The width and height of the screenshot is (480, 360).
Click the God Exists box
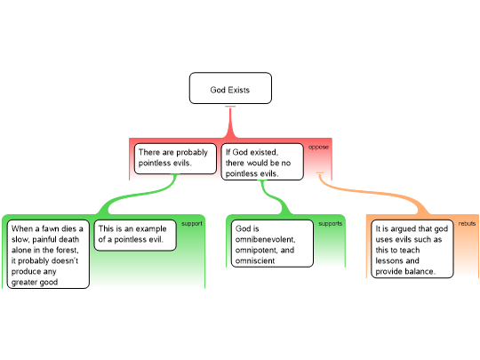pos(230,88)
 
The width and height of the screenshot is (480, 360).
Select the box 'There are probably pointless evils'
pos(175,158)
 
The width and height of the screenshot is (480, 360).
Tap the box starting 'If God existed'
pos(262,162)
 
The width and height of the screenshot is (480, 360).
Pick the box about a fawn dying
pos(48,254)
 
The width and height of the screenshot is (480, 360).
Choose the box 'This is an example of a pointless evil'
pos(135,235)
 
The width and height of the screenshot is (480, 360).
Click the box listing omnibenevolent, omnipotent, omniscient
pos(272,244)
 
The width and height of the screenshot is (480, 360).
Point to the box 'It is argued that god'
pos(412,249)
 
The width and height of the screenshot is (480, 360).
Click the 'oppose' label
pos(318,148)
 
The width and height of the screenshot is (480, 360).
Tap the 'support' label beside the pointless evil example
pos(192,224)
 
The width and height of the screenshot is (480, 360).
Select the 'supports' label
pos(331,224)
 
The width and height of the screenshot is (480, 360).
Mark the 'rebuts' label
pos(467,224)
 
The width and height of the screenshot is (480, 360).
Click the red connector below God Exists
pos(230,122)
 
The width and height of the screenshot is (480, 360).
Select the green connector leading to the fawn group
pos(138,194)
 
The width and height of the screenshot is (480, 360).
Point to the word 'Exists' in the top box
pos(239,90)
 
